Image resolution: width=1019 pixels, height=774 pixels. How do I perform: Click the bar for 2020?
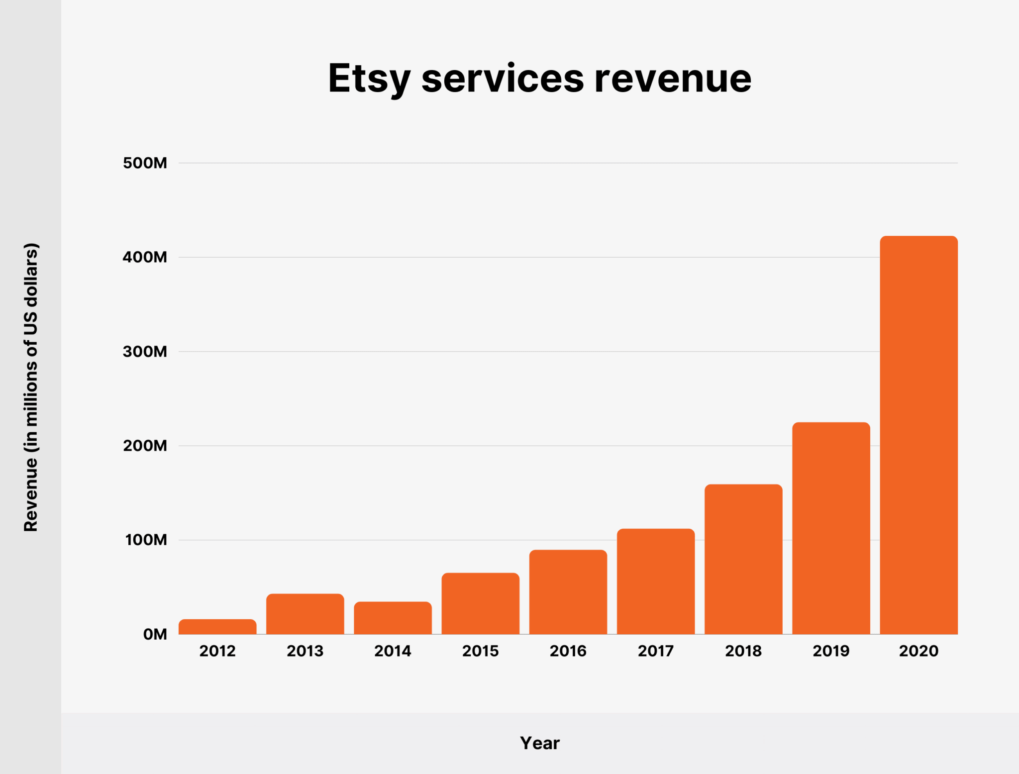(918, 435)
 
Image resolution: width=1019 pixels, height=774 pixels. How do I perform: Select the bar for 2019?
(831, 528)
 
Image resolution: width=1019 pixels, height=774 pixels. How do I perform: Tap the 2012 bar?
(217, 627)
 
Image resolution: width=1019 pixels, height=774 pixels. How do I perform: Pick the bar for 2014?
(393, 618)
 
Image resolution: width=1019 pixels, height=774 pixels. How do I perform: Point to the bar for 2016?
(568, 592)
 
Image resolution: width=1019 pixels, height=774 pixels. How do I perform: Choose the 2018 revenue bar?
(743, 559)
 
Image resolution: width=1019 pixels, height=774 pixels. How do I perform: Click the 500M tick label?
(145, 163)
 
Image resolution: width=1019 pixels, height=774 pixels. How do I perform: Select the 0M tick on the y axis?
(155, 634)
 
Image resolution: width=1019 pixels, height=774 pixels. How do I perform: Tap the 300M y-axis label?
(145, 352)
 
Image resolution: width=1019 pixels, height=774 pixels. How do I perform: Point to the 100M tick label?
(146, 540)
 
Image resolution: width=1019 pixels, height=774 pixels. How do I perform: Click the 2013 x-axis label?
(305, 651)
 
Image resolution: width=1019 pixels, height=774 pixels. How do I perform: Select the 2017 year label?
(655, 651)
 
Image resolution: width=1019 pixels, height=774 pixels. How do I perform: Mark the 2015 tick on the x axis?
(480, 651)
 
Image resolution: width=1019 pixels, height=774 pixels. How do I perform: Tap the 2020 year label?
(918, 651)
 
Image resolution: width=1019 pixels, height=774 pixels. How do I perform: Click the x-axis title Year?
(539, 743)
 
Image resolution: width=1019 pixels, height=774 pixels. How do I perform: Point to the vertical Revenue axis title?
(31, 387)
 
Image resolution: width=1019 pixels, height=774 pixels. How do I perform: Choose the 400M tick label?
(145, 257)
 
